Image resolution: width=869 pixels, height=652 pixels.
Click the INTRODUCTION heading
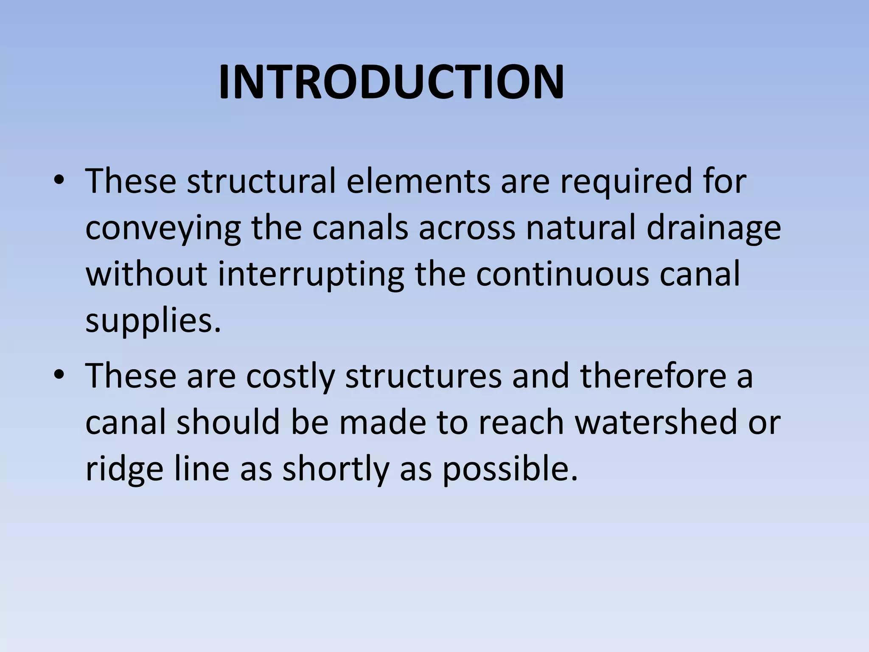tap(391, 82)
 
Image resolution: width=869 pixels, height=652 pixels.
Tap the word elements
tap(418, 181)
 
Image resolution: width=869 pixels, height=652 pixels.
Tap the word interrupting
tap(311, 275)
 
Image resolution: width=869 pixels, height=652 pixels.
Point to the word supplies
tap(153, 322)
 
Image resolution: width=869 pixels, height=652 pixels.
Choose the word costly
tap(290, 377)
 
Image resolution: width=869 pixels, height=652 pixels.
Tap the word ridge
tap(124, 469)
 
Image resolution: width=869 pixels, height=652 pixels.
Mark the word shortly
tap(336, 469)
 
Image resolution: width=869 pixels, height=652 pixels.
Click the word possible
tap(510, 469)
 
